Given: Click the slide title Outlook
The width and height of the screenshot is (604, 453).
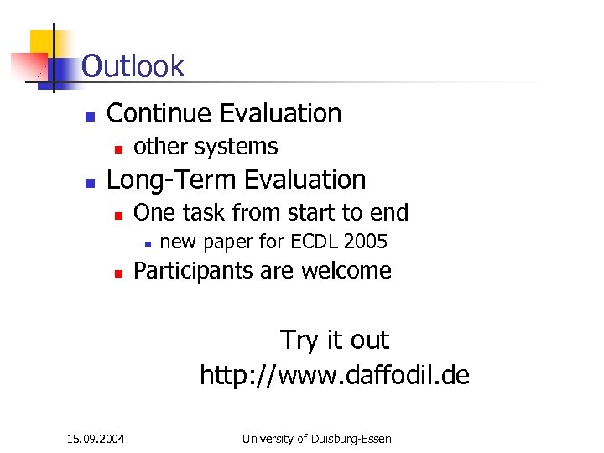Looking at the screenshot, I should coord(133,65).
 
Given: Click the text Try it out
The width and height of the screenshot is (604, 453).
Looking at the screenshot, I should coord(334,340).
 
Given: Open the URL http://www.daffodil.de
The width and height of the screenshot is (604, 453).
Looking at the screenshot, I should coord(334,374).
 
